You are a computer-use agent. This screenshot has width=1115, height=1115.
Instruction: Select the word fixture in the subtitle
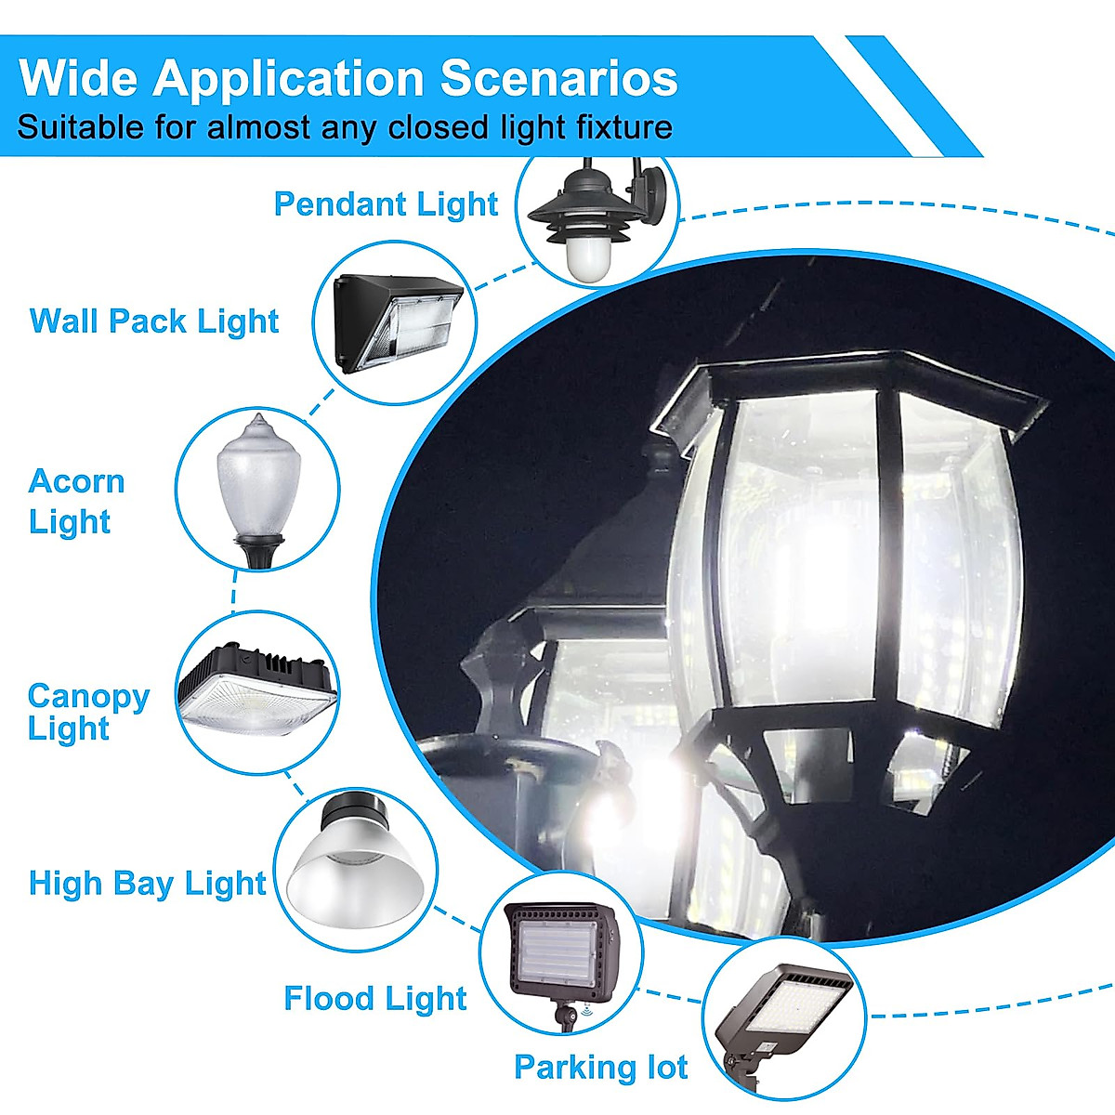click(x=615, y=126)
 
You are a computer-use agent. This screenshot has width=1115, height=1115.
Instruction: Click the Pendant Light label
click(x=386, y=204)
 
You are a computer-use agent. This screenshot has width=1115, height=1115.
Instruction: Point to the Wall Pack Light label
click(x=154, y=321)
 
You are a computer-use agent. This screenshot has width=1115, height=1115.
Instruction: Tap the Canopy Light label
click(x=87, y=711)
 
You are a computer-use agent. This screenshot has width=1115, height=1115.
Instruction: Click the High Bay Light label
click(x=147, y=883)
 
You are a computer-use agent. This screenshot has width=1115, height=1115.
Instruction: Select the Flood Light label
click(x=374, y=999)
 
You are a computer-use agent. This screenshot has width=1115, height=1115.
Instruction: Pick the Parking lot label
click(x=600, y=1068)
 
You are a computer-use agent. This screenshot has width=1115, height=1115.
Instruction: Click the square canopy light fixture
click(x=256, y=689)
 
